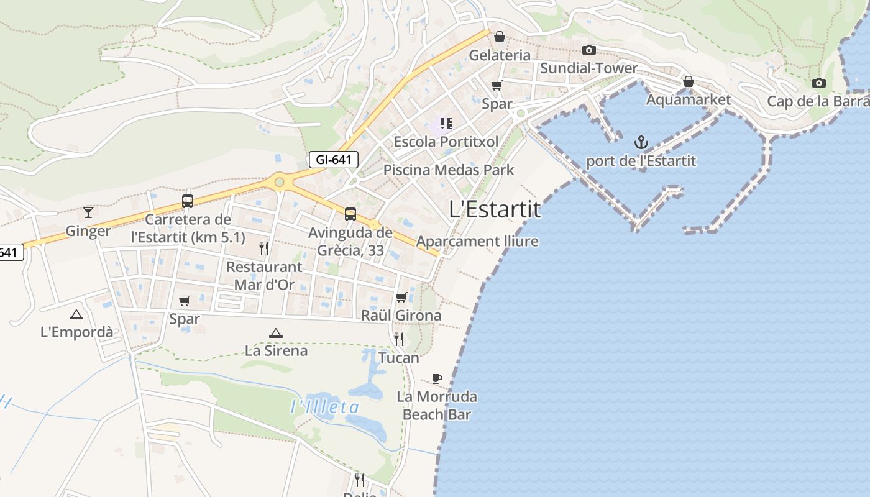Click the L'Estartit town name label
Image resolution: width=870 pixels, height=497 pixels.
click(x=495, y=209)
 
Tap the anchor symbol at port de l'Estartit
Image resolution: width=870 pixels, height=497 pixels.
click(x=641, y=144)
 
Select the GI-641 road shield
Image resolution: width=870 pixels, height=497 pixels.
click(x=334, y=160)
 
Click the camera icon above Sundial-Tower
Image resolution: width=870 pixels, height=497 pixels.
click(x=588, y=50)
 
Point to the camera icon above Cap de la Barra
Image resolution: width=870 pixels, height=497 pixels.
click(x=818, y=83)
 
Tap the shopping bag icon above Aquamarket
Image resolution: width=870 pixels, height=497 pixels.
click(x=688, y=81)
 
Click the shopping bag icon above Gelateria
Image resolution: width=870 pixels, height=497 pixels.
click(x=499, y=37)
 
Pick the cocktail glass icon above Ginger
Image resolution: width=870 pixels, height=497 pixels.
click(x=88, y=212)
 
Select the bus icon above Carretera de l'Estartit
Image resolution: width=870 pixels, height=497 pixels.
click(x=187, y=201)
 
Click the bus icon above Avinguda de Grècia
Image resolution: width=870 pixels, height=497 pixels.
click(x=350, y=214)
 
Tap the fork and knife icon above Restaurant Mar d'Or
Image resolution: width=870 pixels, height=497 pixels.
click(x=264, y=248)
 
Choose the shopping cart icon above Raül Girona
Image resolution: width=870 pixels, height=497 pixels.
click(x=401, y=298)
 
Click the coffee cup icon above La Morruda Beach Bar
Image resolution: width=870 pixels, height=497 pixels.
click(x=437, y=378)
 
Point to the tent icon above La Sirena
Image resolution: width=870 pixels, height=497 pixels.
click(x=275, y=333)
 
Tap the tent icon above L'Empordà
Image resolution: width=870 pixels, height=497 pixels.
click(x=76, y=314)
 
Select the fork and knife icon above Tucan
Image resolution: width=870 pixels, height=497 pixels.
click(x=398, y=339)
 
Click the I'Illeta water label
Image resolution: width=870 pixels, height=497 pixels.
click(x=325, y=408)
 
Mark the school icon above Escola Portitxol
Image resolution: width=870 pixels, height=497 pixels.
click(x=446, y=124)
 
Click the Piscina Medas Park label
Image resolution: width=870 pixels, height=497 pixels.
click(x=449, y=170)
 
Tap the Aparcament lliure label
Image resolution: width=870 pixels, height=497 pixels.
click(x=477, y=241)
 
